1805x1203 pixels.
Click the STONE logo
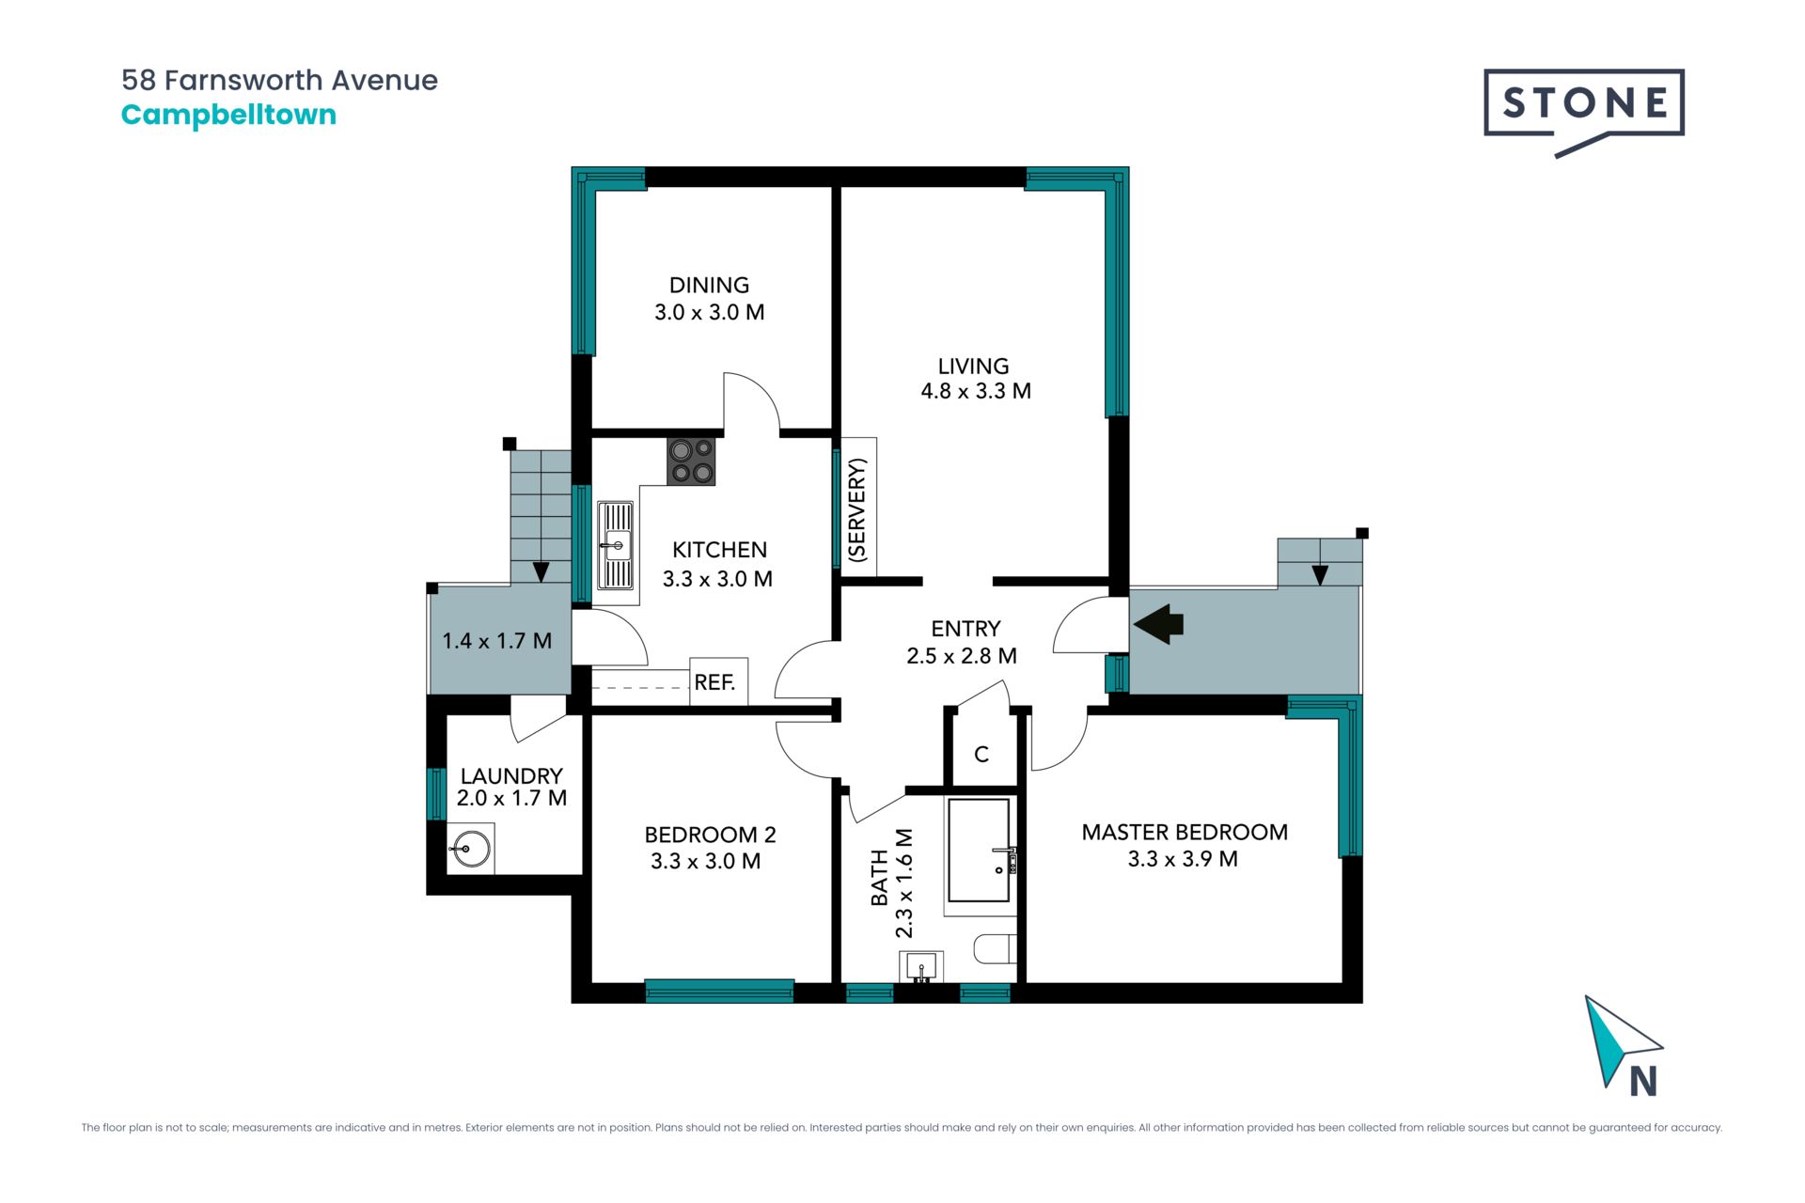point(1584,111)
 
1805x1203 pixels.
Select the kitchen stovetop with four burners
point(691,461)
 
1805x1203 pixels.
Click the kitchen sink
point(615,545)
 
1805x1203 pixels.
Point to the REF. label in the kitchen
point(714,682)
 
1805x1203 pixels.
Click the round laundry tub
point(470,850)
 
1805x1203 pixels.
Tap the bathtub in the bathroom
point(979,851)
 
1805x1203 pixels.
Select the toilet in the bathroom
point(995,948)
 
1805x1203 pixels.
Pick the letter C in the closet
point(981,754)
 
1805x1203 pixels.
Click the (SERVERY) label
point(856,510)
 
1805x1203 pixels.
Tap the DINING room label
point(709,285)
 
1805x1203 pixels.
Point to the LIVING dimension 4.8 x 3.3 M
point(976,391)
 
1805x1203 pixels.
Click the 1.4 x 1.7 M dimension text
point(496,641)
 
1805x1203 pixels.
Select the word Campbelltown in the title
point(228,116)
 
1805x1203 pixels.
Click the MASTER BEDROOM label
point(1185,832)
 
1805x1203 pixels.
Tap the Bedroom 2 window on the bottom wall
point(719,991)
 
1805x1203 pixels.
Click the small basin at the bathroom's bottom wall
point(921,965)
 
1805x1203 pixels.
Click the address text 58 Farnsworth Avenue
point(279,81)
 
